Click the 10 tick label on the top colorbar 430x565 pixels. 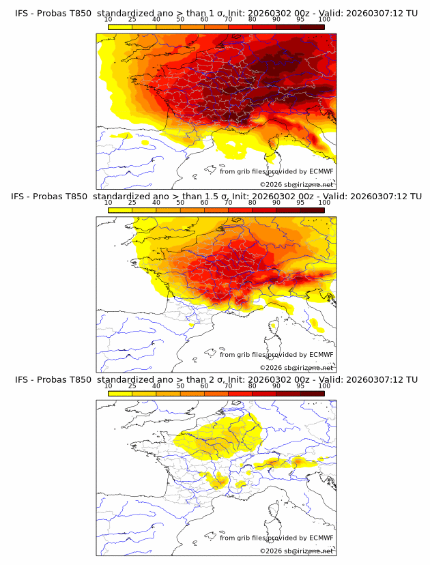108,19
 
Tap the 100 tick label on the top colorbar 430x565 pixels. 324,19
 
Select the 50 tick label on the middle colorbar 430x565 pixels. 180,202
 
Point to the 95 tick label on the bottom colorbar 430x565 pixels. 300,386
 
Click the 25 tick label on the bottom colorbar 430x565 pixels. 132,386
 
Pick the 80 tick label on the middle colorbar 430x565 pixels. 253,202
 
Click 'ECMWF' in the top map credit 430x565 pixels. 321,171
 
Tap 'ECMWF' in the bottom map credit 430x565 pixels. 321,538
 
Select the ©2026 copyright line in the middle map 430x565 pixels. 297,368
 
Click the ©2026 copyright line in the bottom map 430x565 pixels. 297,551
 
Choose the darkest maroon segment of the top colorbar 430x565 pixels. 312,27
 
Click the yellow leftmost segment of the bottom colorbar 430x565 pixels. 119,393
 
